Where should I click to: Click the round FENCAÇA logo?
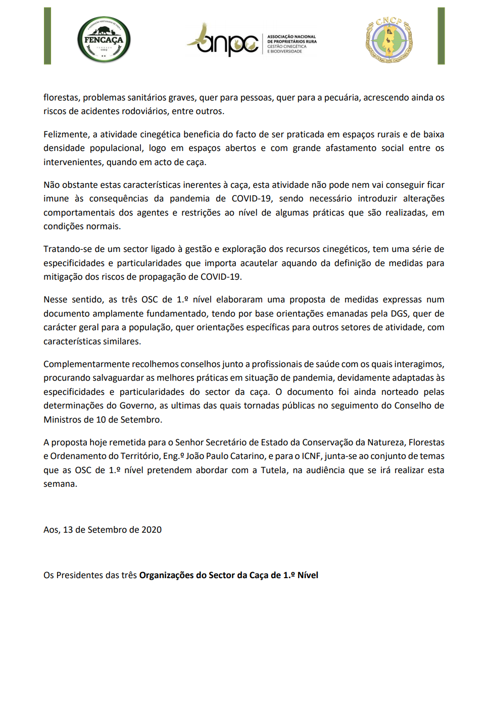(104, 39)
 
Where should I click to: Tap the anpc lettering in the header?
(227, 42)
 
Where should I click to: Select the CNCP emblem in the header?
(389, 39)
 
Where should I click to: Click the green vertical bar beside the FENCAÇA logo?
(47, 36)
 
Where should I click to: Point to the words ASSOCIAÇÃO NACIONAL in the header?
(291, 37)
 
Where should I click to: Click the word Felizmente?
(66, 134)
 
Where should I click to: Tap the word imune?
(56, 198)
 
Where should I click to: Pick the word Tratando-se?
(68, 249)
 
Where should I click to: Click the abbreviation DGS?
(399, 314)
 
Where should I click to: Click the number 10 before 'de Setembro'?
(101, 420)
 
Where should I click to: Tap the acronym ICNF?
(311, 456)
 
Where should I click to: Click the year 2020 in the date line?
(152, 530)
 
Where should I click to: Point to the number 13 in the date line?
(68, 530)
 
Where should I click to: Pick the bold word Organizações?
(166, 575)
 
